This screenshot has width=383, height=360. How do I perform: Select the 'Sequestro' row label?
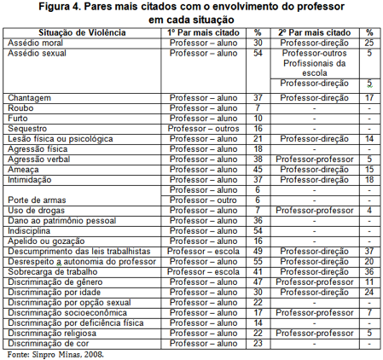[29, 127]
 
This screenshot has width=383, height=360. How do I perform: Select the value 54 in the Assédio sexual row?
[258, 52]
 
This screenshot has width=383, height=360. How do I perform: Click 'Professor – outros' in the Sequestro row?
[203, 127]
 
